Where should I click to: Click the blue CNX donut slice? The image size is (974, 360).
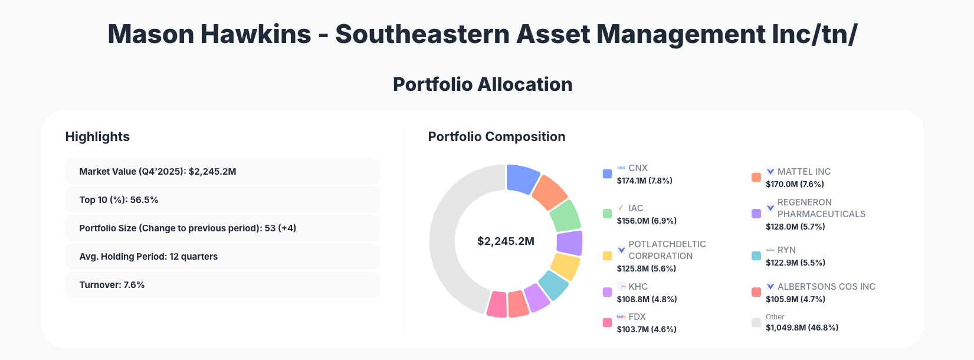pyautogui.click(x=522, y=179)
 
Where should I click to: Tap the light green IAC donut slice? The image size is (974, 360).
pyautogui.click(x=565, y=216)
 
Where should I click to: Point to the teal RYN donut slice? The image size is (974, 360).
pyautogui.click(x=553, y=285)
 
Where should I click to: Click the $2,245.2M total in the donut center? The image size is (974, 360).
pyautogui.click(x=506, y=241)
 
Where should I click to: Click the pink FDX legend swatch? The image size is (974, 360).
pyautogui.click(x=607, y=323)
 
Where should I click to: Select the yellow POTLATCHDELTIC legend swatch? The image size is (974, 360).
pyautogui.click(x=607, y=256)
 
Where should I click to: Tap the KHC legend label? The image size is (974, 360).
pyautogui.click(x=638, y=287)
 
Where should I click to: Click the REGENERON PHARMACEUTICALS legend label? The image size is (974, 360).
pyautogui.click(x=821, y=208)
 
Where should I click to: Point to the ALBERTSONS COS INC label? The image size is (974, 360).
pyautogui.click(x=826, y=287)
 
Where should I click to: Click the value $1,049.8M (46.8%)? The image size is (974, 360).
pyautogui.click(x=802, y=328)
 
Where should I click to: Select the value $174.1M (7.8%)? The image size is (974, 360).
pyautogui.click(x=644, y=181)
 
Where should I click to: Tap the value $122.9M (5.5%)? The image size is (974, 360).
pyautogui.click(x=795, y=263)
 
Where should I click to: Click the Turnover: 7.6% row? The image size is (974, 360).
pyautogui.click(x=222, y=285)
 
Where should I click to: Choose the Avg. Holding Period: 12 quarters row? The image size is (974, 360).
pyautogui.click(x=222, y=257)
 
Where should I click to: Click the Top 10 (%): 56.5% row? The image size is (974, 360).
pyautogui.click(x=222, y=200)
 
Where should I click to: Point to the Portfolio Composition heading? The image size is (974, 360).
pyautogui.click(x=496, y=137)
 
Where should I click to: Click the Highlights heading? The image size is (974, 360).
pyautogui.click(x=97, y=137)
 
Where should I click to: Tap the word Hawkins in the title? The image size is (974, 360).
pyautogui.click(x=255, y=34)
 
